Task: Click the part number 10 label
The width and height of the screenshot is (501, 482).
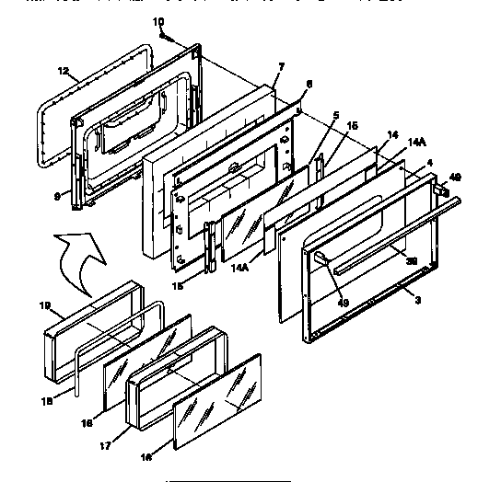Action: coord(157,19)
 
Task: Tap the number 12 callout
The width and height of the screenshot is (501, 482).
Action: coord(63,71)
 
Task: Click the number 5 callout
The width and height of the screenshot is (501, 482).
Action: coord(335,116)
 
